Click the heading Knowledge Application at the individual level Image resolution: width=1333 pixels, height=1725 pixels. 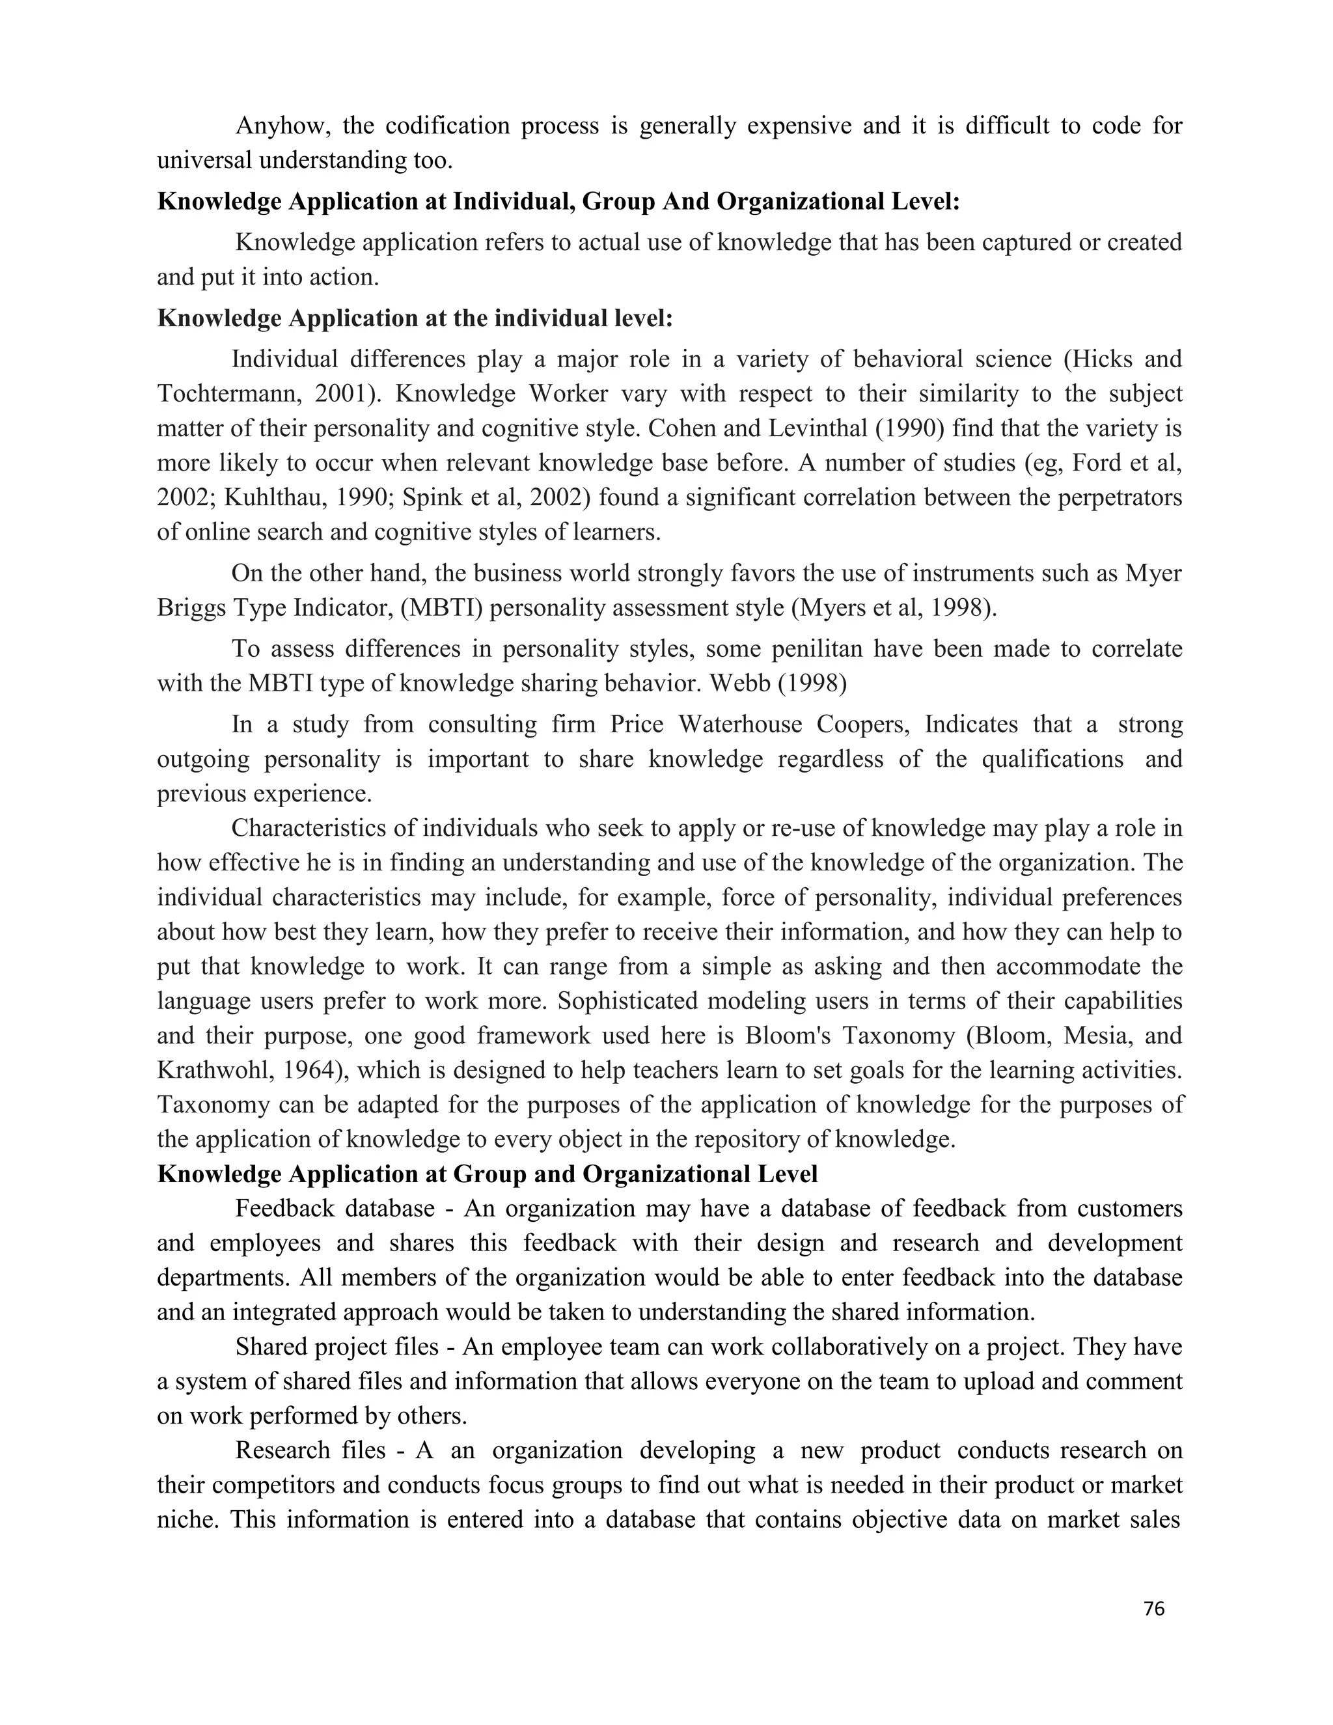(x=415, y=318)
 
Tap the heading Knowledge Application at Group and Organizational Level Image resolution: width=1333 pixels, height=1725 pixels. (x=488, y=1174)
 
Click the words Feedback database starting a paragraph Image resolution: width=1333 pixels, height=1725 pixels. (x=335, y=1208)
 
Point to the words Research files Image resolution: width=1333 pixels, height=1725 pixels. (x=310, y=1450)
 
